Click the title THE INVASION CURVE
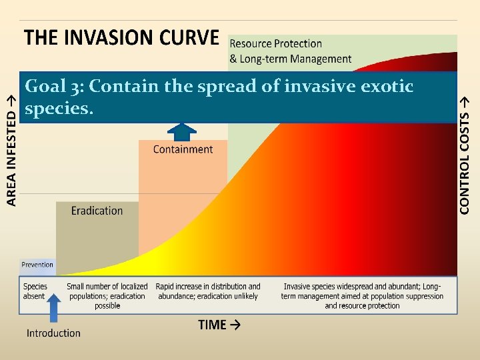pos(121,37)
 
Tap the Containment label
pos(183,149)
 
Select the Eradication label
pos(97,211)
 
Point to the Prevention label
pos(37,265)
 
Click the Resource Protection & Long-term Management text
pos(290,51)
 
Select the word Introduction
pos(53,333)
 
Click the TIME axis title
pos(219,325)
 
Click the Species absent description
pos(35,291)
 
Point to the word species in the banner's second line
pos(56,109)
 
